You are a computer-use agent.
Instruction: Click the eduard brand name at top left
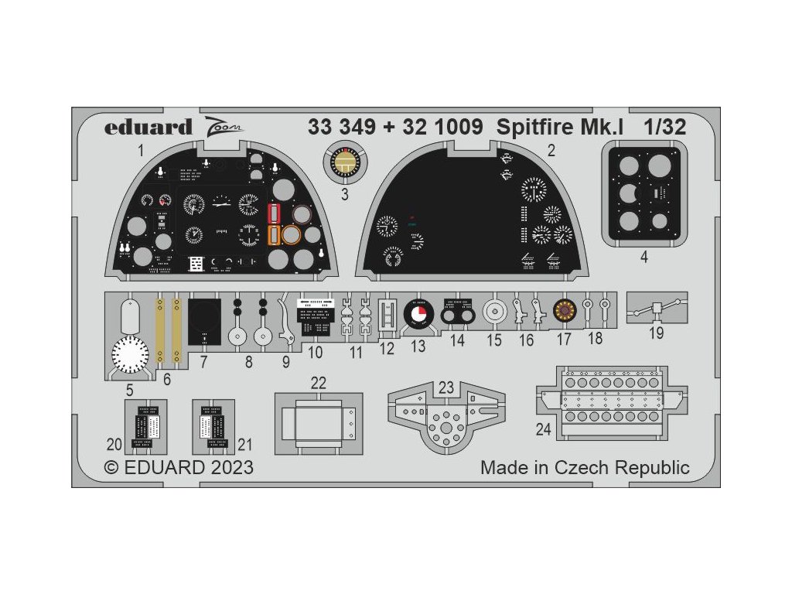coord(148,127)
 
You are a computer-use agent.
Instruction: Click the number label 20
coord(114,444)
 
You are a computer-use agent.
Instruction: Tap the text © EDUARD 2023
coord(179,468)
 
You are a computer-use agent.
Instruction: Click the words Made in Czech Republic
coord(584,467)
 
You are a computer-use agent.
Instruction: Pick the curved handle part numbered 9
coord(285,321)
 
